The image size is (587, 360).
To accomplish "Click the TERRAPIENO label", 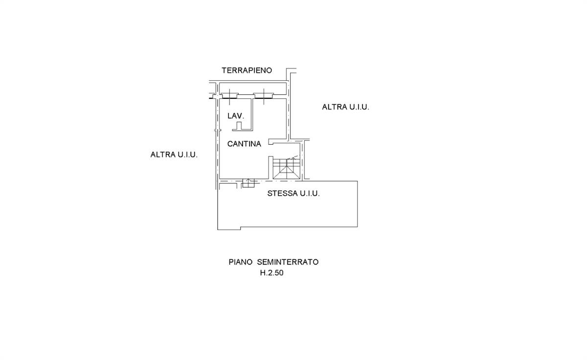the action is [x=247, y=70].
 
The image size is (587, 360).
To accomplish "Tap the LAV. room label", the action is [x=236, y=116].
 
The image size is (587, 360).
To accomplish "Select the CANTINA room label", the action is [x=244, y=144].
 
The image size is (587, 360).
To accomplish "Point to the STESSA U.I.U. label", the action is [x=293, y=193].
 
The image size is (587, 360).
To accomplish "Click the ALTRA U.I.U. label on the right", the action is [x=345, y=107].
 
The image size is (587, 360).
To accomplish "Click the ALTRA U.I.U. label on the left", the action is [x=174, y=155].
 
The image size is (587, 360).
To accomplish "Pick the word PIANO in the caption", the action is [x=240, y=262].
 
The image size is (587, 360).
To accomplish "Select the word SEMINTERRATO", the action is [x=288, y=262].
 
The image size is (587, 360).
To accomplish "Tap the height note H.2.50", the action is [x=271, y=273].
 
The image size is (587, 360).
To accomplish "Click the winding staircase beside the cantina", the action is [x=287, y=168].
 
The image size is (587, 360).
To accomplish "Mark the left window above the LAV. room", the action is [x=229, y=96].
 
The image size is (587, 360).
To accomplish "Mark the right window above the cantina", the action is [x=263, y=96].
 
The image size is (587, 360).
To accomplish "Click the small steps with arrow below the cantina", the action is [x=248, y=183].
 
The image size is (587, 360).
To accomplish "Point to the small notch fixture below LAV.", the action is [x=239, y=126].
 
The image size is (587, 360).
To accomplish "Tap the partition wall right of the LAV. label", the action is [x=252, y=114].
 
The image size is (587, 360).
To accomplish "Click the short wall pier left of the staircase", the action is [x=271, y=168].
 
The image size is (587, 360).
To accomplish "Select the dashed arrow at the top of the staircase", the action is [x=292, y=157].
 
